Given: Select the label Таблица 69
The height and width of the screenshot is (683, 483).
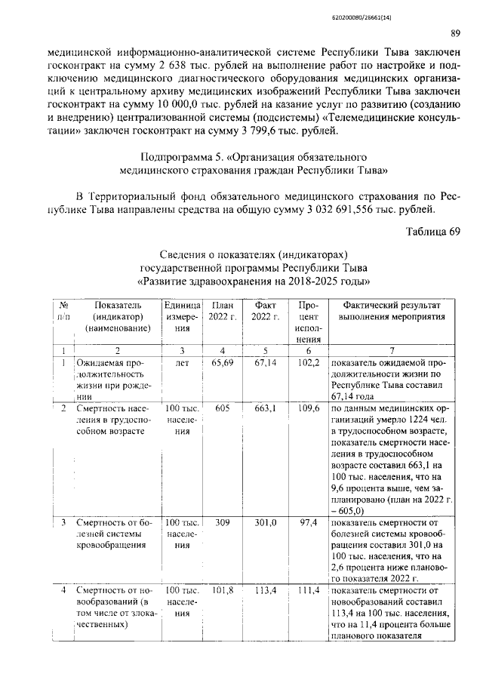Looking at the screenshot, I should click(x=433, y=232).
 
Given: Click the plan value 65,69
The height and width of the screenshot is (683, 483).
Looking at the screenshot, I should click(x=221, y=363).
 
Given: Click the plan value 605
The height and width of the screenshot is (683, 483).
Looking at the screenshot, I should click(x=222, y=408).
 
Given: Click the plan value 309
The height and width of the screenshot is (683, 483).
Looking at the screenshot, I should click(x=222, y=521).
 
